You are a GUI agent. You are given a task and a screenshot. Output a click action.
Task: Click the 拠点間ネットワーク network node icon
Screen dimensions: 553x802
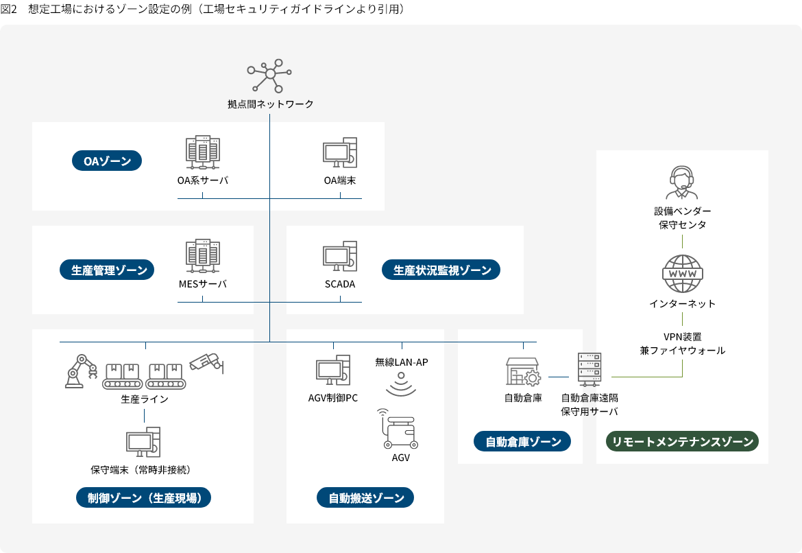(x=270, y=75)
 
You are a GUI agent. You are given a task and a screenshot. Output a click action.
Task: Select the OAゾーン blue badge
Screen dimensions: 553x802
(x=107, y=161)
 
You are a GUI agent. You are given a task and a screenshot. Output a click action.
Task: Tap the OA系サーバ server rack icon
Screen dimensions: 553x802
(x=202, y=153)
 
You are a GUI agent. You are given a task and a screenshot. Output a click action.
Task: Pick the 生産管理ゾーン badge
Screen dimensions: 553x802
(x=110, y=270)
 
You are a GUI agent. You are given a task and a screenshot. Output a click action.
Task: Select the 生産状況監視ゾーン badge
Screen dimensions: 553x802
(x=442, y=270)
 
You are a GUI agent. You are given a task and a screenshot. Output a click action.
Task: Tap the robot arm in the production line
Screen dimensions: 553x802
(x=80, y=371)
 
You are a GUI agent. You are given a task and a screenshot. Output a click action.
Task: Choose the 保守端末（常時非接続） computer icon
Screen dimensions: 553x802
(x=143, y=443)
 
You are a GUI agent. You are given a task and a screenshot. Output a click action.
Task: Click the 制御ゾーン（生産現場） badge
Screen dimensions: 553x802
(x=144, y=498)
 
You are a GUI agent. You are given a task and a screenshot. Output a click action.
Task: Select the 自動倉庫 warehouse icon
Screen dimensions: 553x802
(x=523, y=371)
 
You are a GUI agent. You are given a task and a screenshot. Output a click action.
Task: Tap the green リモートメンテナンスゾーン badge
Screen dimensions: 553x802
(x=682, y=441)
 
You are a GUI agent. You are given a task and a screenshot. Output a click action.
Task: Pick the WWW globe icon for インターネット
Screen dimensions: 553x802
(x=682, y=274)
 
